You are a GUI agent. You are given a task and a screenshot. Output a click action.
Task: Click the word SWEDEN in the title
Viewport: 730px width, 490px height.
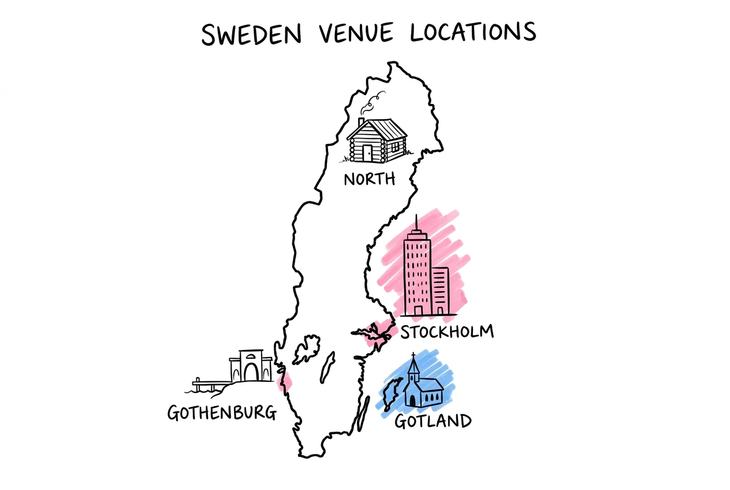(x=252, y=34)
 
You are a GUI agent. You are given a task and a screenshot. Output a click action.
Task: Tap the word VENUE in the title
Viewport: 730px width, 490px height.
(x=356, y=34)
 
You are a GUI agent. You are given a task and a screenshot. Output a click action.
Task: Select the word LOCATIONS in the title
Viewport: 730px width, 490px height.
(x=473, y=33)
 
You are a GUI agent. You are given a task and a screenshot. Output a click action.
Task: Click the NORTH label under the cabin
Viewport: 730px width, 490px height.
(x=370, y=179)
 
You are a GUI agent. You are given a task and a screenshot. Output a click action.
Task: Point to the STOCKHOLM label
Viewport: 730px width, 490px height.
(x=447, y=332)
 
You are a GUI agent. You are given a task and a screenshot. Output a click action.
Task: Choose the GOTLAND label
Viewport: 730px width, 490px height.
(x=433, y=421)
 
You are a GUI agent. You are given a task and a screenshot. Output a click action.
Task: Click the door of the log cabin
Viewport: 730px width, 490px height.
(x=367, y=153)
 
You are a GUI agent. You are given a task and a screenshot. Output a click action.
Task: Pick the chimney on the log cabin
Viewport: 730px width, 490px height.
(x=361, y=122)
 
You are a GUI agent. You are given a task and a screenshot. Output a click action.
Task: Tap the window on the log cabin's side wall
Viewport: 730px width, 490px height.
(x=394, y=145)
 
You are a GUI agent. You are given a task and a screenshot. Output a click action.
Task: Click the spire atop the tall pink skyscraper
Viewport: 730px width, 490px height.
(x=416, y=222)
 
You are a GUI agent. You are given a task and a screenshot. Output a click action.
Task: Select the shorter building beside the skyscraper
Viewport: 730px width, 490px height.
(x=441, y=291)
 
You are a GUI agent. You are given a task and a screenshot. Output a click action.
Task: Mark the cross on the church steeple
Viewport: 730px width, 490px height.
(x=413, y=355)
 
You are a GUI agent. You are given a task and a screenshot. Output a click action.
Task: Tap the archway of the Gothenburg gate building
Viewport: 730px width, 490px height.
(x=251, y=372)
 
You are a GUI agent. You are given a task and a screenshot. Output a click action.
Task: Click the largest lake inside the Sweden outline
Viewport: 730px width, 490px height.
(x=307, y=349)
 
